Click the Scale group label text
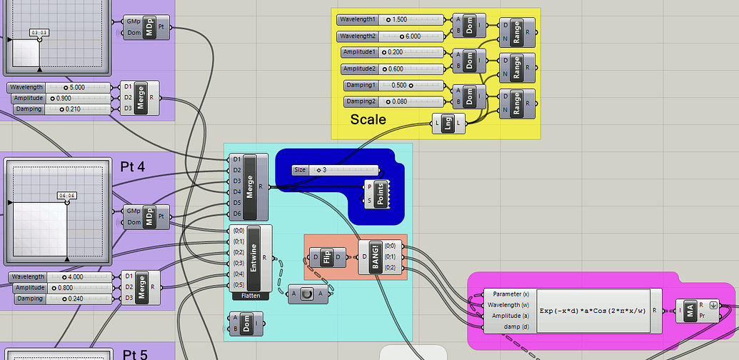368,119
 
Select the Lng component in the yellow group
449,124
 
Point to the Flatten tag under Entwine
251,295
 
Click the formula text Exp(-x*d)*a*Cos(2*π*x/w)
593,311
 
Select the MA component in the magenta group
690,311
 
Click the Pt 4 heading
133,166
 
